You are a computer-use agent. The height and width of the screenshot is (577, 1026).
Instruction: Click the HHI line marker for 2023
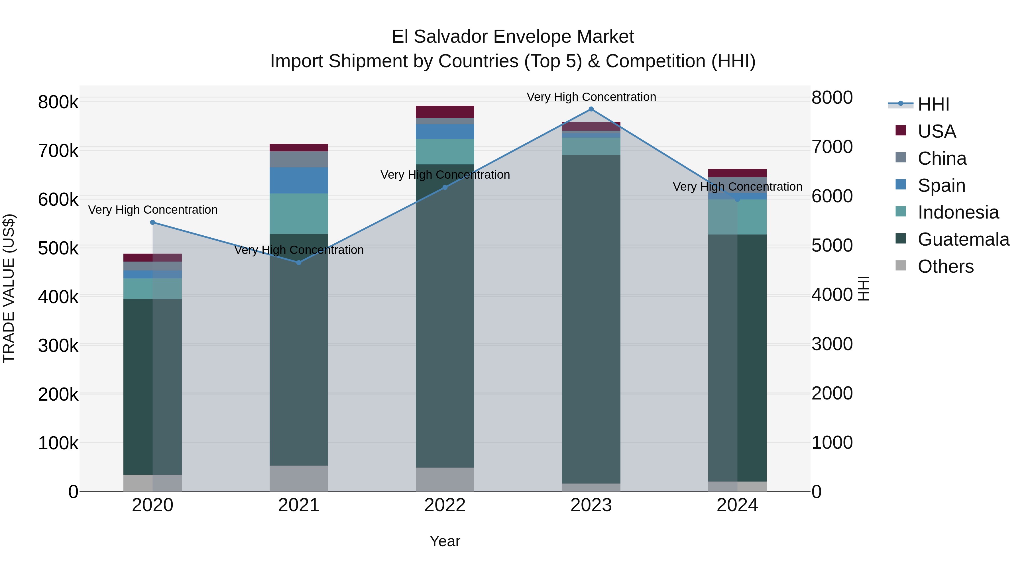point(591,109)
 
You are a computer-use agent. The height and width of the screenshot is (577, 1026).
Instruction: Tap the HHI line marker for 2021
point(299,262)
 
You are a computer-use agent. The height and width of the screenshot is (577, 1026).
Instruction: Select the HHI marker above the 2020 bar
point(152,223)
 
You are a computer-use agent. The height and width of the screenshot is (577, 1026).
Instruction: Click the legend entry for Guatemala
point(963,239)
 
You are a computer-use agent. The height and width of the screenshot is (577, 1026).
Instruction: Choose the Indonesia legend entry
point(958,212)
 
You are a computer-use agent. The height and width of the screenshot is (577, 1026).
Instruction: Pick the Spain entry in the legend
point(941,185)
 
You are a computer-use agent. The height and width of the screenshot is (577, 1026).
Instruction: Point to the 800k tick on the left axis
point(58,102)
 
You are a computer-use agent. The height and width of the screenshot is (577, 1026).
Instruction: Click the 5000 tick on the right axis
point(832,245)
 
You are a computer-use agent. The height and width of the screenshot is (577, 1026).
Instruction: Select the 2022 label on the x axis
point(445,505)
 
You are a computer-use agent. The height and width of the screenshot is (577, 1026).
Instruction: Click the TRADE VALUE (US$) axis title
point(9,288)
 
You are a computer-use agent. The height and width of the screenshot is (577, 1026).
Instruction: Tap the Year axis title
point(445,541)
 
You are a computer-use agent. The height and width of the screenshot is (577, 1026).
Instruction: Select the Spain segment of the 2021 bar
point(299,180)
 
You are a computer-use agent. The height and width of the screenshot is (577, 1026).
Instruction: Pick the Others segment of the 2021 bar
point(299,478)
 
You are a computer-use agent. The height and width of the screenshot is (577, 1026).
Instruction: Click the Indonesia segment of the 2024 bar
point(737,217)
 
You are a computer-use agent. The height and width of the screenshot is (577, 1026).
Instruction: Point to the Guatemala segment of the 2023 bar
point(591,319)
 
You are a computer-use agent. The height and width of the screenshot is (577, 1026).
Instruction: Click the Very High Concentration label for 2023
point(591,97)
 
